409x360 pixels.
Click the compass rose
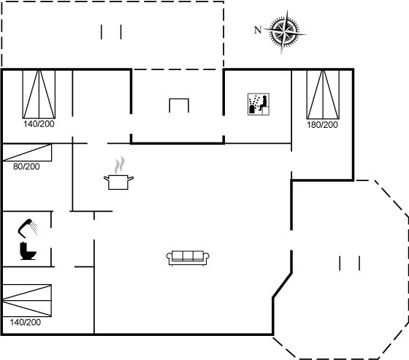tap(285, 32)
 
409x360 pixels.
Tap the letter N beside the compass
tap(258, 30)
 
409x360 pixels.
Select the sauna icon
tap(259, 104)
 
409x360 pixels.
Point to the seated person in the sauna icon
tap(264, 103)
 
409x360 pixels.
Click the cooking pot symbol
tap(118, 182)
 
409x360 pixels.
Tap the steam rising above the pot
tap(120, 165)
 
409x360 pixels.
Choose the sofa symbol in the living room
tap(188, 258)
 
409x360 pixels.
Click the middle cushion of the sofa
tap(188, 256)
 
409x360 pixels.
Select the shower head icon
tap(28, 228)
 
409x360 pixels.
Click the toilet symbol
tap(28, 251)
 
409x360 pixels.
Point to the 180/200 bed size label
tap(322, 125)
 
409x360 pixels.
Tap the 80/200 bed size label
tap(26, 166)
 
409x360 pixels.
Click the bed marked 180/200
tap(323, 94)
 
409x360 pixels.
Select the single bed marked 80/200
tap(27, 153)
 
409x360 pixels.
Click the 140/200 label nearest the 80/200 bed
tap(39, 123)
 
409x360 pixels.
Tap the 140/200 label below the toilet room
tap(26, 322)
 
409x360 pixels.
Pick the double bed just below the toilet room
tap(27, 301)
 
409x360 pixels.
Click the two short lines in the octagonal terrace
tap(350, 263)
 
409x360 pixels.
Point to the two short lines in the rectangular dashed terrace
tap(111, 32)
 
